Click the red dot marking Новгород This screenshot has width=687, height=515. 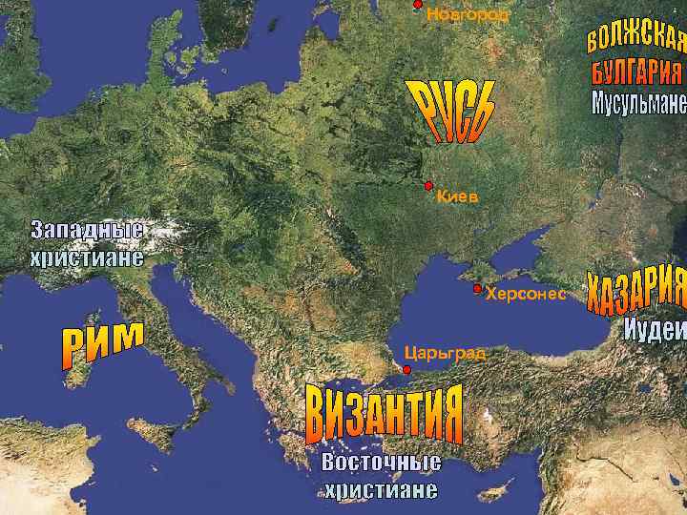pyautogui.click(x=417, y=5)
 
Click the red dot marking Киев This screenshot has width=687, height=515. pyautogui.click(x=428, y=185)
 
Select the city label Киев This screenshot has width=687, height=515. pyautogui.click(x=457, y=197)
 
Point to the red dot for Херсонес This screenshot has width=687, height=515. pyautogui.click(x=477, y=288)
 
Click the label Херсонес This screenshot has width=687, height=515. pyautogui.click(x=526, y=294)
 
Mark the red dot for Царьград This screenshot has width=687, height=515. pyautogui.click(x=406, y=369)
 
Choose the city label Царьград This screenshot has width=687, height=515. pyautogui.click(x=445, y=354)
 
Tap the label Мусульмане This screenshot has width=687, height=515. pyautogui.click(x=638, y=102)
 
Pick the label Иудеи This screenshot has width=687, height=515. pyautogui.click(x=655, y=329)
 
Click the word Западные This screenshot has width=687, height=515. pyautogui.click(x=87, y=231)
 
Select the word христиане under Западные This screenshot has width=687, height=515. pyautogui.click(x=87, y=257)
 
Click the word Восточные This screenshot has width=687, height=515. pyautogui.click(x=381, y=463)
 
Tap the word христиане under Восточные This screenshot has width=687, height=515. pyautogui.click(x=381, y=490)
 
